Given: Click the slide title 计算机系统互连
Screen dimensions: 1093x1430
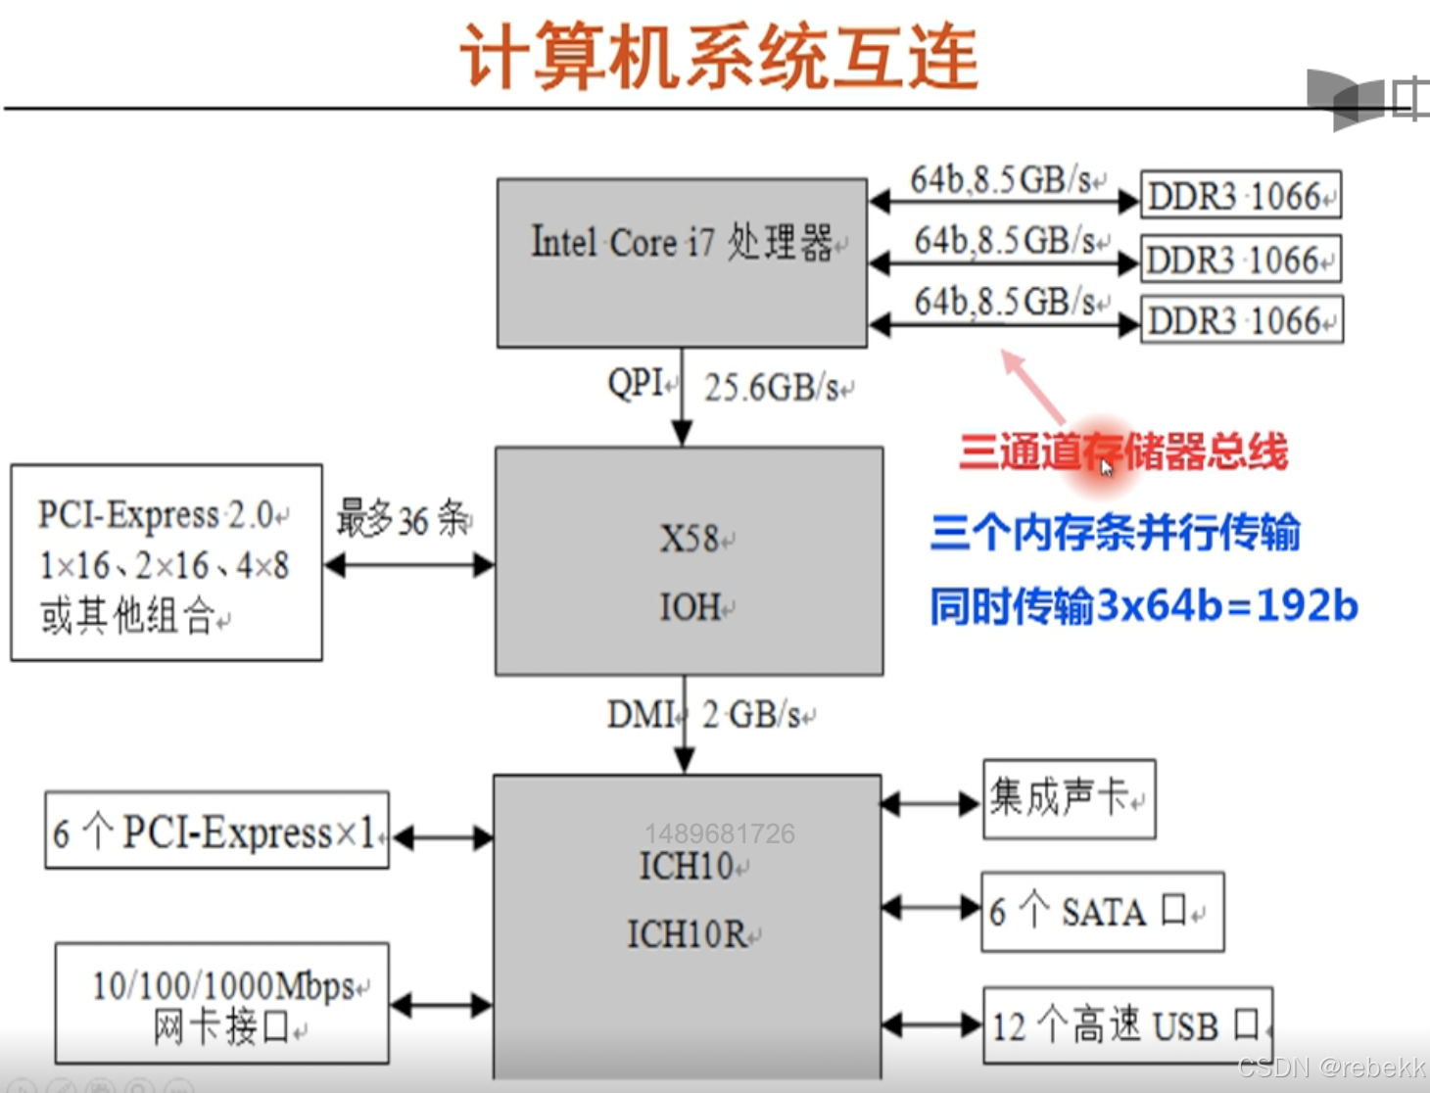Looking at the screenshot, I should (719, 57).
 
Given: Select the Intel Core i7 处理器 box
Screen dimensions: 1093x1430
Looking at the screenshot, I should (682, 262).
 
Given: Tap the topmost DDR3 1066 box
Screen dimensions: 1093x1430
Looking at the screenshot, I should (1240, 196).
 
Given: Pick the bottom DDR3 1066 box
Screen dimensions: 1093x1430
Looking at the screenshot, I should (1241, 320).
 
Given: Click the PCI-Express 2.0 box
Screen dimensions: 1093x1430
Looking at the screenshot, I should (167, 563).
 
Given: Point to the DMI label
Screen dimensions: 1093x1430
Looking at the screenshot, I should (640, 715).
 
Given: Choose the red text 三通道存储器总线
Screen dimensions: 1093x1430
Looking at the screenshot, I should (1122, 452).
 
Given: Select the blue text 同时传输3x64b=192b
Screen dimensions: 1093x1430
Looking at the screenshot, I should (1143, 606).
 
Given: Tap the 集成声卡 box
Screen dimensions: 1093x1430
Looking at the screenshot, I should (1069, 798).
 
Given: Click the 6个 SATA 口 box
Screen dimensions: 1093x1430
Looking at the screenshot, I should (1102, 912).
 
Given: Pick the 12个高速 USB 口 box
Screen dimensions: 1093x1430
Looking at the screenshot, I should (1127, 1025).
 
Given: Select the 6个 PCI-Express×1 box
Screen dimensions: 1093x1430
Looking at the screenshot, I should (216, 832).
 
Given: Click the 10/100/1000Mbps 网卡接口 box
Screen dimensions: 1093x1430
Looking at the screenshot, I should (222, 1004).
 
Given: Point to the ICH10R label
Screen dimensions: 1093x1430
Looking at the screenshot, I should (688, 934).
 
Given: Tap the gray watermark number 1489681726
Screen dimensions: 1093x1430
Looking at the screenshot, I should (720, 833).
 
